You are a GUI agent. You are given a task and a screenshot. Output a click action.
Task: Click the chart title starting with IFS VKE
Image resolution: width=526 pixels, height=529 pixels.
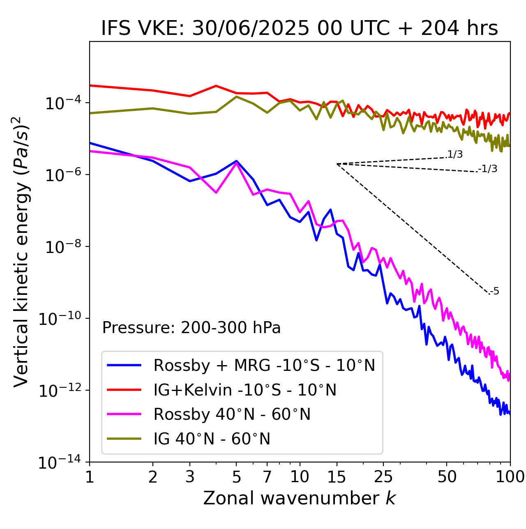(300, 28)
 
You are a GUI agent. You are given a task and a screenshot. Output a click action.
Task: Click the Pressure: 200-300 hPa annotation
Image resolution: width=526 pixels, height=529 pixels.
(191, 328)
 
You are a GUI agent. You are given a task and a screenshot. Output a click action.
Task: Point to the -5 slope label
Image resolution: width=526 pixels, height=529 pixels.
(495, 292)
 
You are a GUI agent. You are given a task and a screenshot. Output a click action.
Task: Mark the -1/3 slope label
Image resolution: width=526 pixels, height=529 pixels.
(488, 169)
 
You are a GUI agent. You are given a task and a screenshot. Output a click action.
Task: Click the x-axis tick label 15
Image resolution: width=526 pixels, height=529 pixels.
(337, 477)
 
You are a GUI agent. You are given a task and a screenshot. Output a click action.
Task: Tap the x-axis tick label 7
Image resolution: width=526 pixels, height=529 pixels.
(267, 477)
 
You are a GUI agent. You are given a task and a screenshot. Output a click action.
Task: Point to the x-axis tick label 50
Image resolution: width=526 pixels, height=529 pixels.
(447, 477)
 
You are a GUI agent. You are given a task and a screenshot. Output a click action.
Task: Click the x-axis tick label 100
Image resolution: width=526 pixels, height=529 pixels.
(510, 477)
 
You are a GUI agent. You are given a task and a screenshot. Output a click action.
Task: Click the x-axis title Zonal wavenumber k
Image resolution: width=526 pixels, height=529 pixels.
(300, 498)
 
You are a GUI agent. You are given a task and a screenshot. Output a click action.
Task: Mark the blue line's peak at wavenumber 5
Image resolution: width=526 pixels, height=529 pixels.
(236, 161)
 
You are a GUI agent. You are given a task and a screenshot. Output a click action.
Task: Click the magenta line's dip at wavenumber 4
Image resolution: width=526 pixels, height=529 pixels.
(216, 192)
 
